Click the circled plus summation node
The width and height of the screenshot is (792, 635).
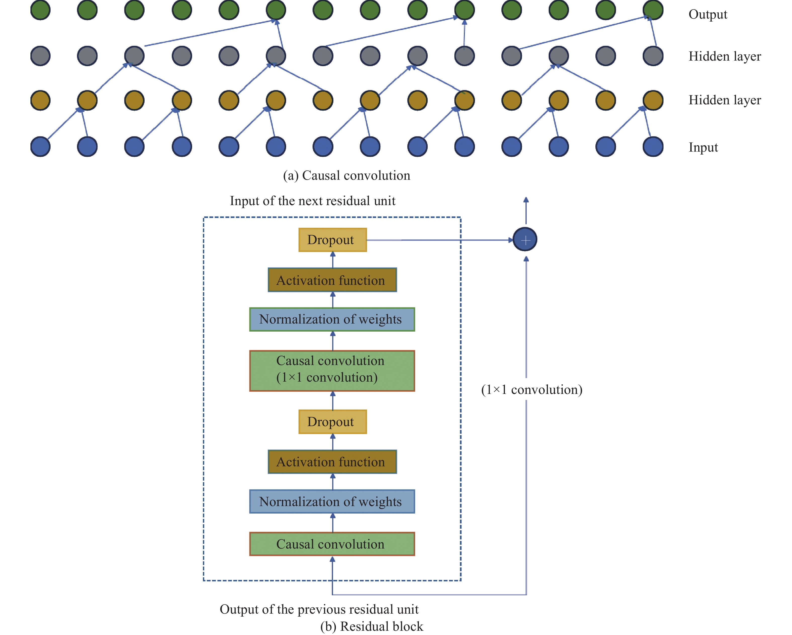tap(525, 240)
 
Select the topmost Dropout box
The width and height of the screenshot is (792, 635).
tap(332, 240)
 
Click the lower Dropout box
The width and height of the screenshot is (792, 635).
tap(332, 422)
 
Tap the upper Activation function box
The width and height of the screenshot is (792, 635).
tap(332, 280)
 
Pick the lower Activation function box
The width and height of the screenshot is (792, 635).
tap(332, 462)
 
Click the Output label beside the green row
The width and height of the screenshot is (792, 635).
tap(708, 14)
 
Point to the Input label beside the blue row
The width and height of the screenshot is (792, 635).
tap(703, 147)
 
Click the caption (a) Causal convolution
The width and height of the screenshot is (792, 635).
tap(346, 175)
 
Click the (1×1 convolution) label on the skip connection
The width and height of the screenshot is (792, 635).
tap(532, 389)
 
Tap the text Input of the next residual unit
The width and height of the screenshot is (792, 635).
tap(313, 201)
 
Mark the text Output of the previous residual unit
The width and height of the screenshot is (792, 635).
tap(319, 609)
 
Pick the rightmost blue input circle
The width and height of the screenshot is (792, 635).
tap(653, 147)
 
